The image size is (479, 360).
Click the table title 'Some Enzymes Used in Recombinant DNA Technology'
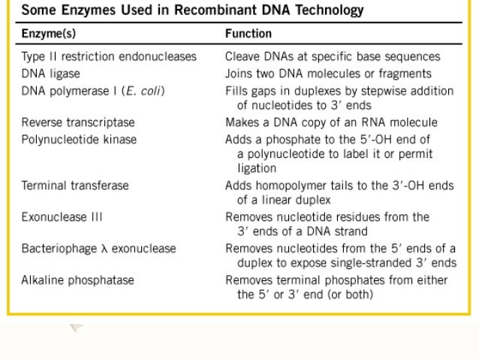pos(192,11)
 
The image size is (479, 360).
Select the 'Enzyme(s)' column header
pos(48,35)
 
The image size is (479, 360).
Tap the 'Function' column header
pos(249,35)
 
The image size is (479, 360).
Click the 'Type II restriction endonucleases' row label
pos(109,57)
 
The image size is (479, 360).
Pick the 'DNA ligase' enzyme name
pos(50,74)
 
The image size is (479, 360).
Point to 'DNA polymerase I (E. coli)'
pos(93,91)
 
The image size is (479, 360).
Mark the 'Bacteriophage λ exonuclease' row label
pos(98,249)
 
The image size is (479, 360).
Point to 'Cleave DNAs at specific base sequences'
pos(333,57)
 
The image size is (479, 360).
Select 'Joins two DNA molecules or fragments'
pos(328,74)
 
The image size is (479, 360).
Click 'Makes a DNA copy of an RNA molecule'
pos(331,123)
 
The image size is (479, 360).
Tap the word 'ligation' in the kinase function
pos(257,168)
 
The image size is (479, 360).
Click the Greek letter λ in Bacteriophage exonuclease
pos(106,249)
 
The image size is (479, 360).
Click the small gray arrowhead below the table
pos(76,328)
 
